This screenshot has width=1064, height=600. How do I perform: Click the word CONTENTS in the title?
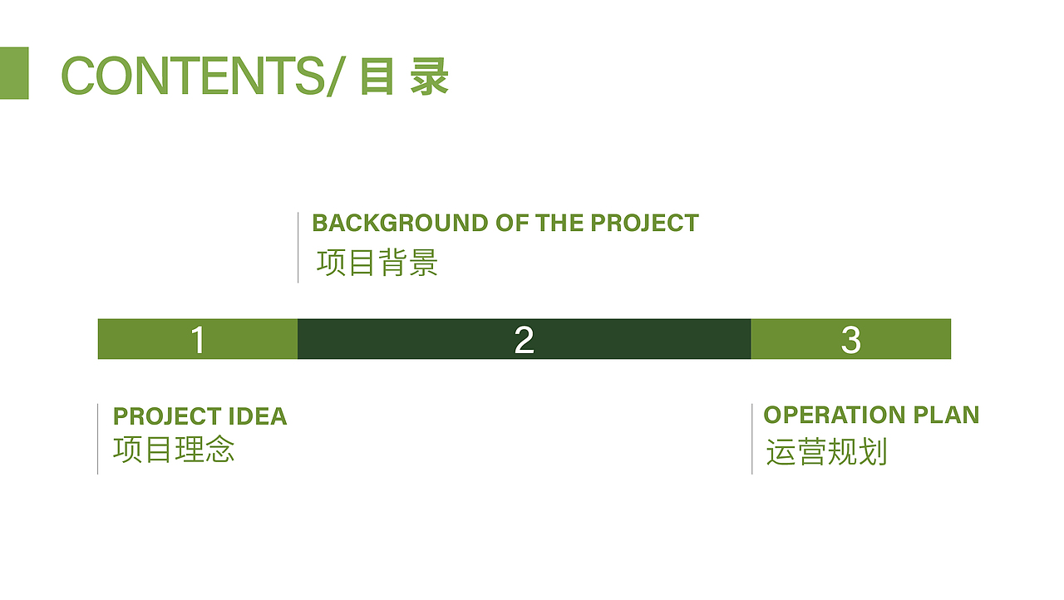point(191,76)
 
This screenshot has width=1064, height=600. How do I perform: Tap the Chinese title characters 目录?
point(405,76)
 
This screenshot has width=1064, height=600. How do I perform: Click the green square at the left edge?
point(14,73)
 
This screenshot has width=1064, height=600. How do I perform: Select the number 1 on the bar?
point(197,340)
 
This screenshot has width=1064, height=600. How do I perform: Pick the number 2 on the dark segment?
point(524,340)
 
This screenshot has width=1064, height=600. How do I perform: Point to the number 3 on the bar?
point(850,340)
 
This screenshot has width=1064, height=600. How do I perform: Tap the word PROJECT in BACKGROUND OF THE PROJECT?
point(644,223)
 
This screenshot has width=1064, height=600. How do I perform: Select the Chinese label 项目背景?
point(377,263)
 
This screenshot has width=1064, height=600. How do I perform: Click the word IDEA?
point(257,416)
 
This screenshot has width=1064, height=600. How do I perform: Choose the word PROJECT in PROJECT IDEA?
point(166,416)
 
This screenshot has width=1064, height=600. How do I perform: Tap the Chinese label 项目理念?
point(174,450)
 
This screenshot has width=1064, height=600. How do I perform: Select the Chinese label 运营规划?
point(826,453)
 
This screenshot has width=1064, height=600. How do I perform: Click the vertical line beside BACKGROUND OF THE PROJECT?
point(298,248)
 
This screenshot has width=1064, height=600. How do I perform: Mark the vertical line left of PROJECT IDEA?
point(97,439)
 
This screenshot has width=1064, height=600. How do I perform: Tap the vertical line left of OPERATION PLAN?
point(751,439)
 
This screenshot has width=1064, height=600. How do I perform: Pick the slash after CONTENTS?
point(333,76)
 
